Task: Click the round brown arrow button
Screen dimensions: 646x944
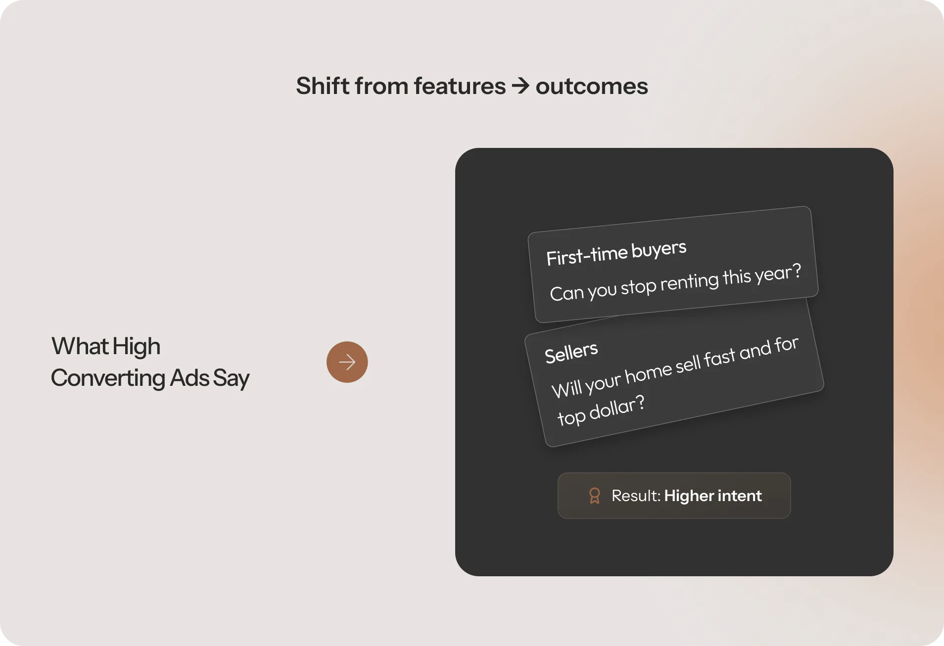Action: coord(347,362)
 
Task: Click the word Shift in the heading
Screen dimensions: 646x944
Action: coord(323,86)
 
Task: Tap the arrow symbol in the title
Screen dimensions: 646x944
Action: coord(520,86)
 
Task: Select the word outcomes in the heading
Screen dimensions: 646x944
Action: coord(591,87)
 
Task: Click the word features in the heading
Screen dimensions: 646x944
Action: coord(460,86)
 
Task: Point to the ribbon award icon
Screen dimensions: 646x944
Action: coord(595,496)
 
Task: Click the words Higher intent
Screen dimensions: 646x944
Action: coord(712,496)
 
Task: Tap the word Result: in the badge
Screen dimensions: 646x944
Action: coord(636,496)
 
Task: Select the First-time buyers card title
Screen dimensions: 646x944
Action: coord(616,253)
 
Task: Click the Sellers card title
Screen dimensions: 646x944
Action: coord(571,353)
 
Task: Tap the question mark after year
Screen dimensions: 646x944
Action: coord(796,271)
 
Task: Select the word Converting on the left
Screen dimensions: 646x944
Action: coord(108,378)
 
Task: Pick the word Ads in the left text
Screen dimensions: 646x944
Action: coord(189,378)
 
